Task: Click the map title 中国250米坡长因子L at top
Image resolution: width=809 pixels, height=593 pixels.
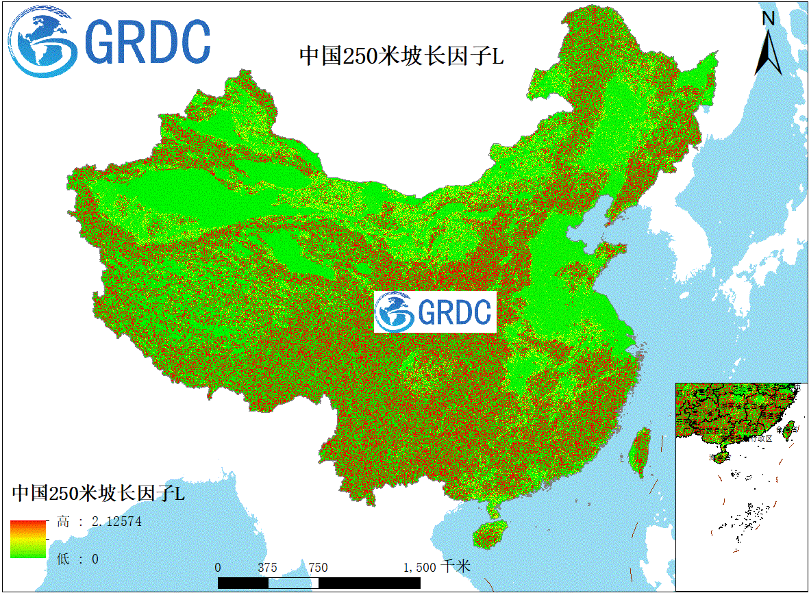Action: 401,56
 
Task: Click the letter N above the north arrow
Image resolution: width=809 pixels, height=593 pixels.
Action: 769,18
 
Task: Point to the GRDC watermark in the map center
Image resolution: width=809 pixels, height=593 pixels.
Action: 435,312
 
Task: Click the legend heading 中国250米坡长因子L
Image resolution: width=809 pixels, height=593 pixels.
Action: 98,493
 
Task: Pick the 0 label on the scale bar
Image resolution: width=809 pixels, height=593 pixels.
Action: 218,568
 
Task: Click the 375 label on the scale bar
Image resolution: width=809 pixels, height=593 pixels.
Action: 268,568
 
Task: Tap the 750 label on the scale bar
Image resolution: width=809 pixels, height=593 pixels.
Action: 318,568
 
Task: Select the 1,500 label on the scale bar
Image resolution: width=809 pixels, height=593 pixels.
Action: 419,568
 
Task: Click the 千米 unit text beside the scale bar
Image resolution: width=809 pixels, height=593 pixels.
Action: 456,567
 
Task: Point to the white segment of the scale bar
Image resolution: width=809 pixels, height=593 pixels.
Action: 293,583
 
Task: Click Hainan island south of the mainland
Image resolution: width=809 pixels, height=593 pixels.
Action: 490,533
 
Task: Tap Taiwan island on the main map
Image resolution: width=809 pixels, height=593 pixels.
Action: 640,453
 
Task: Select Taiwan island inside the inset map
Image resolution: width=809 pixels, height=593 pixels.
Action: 788,430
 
